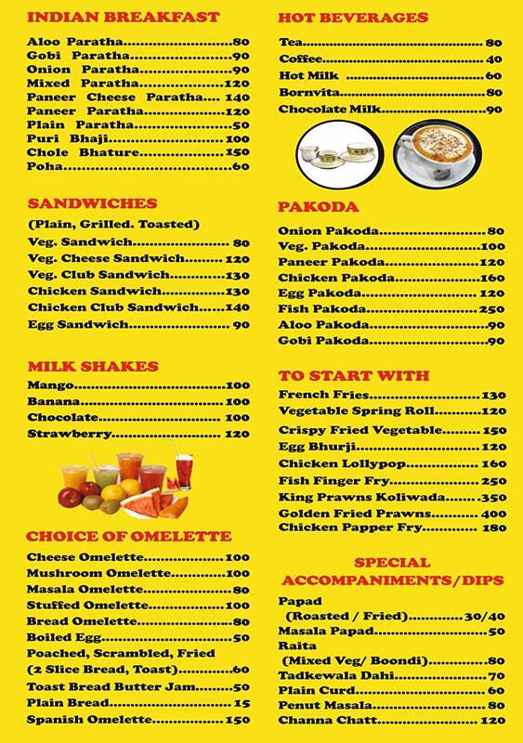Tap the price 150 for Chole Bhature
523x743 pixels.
coord(238,152)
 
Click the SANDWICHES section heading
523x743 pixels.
coord(93,202)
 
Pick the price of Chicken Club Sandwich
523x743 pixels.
coord(238,307)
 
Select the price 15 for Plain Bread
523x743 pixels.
coord(242,703)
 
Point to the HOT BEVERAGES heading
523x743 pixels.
coord(353,18)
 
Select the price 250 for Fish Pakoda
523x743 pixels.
coord(491,308)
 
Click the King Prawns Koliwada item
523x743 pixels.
coord(345,498)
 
